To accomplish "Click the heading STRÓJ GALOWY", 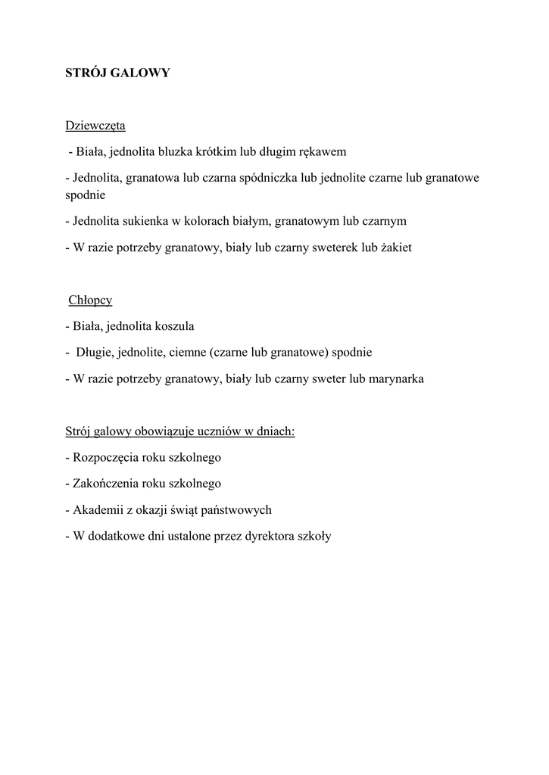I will tap(117, 73).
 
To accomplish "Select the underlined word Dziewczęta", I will tap(95, 125).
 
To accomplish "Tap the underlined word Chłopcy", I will tap(90, 300).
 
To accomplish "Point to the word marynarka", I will tap(396, 379).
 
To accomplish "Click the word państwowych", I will tap(238, 510).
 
